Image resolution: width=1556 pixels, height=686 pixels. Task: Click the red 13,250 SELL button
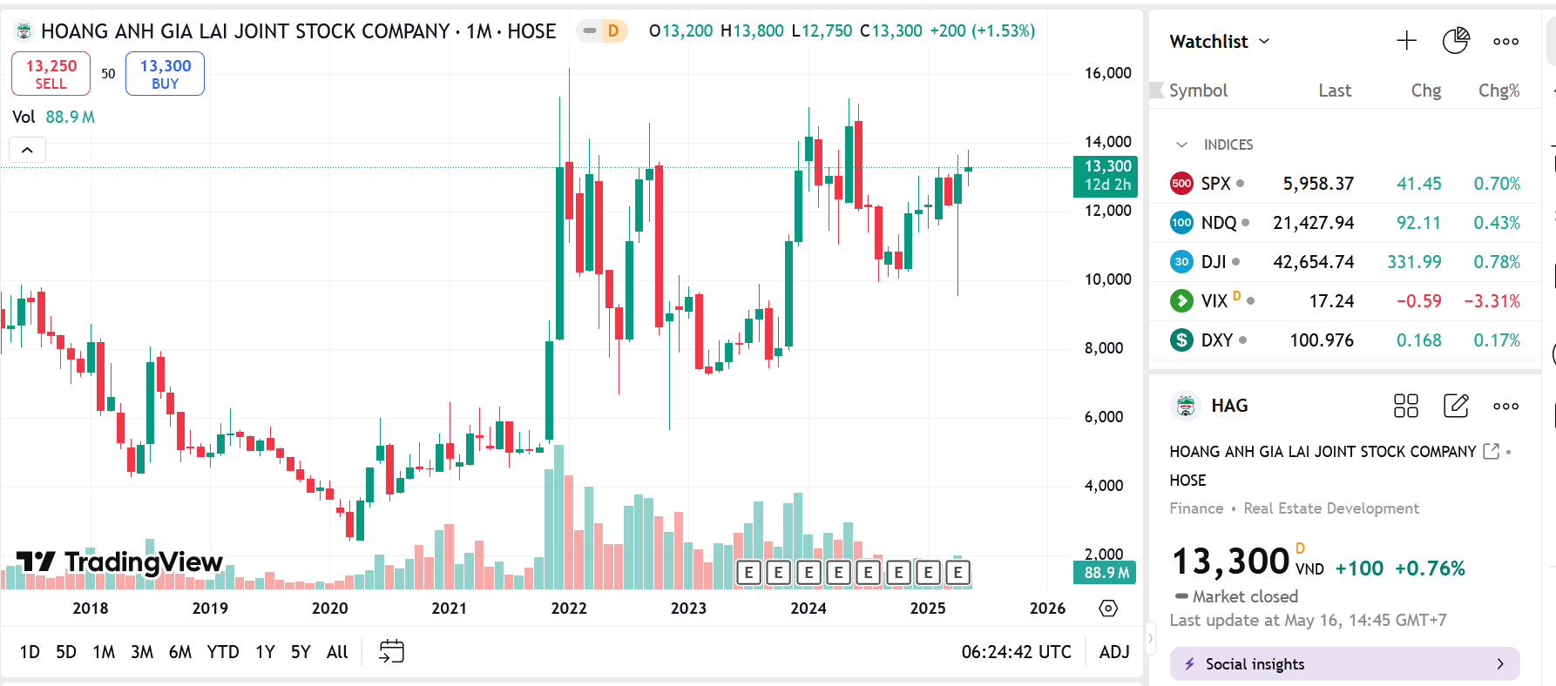51,74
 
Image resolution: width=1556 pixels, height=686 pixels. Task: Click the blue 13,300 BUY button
165,74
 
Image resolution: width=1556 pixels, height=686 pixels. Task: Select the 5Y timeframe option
301,652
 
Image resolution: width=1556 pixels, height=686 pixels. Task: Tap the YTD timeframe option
223,652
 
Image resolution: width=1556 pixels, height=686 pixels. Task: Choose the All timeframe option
337,652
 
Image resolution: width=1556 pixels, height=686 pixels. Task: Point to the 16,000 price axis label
1107,73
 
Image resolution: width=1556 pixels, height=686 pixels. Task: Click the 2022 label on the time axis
569,609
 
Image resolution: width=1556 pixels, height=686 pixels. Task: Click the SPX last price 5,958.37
1318,184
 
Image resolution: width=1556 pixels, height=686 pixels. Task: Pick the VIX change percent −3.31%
1492,301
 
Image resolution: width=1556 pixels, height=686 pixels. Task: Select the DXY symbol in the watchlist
1216,340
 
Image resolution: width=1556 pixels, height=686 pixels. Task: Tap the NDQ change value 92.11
1418,223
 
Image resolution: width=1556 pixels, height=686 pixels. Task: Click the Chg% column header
1498,91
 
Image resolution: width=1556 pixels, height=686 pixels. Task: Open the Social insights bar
1344,664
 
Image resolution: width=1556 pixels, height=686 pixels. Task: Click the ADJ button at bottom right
1114,652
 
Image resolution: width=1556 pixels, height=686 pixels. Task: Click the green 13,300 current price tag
1107,175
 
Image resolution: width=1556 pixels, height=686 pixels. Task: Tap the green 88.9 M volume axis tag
1107,573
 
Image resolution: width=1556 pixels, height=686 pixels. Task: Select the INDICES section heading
1228,145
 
